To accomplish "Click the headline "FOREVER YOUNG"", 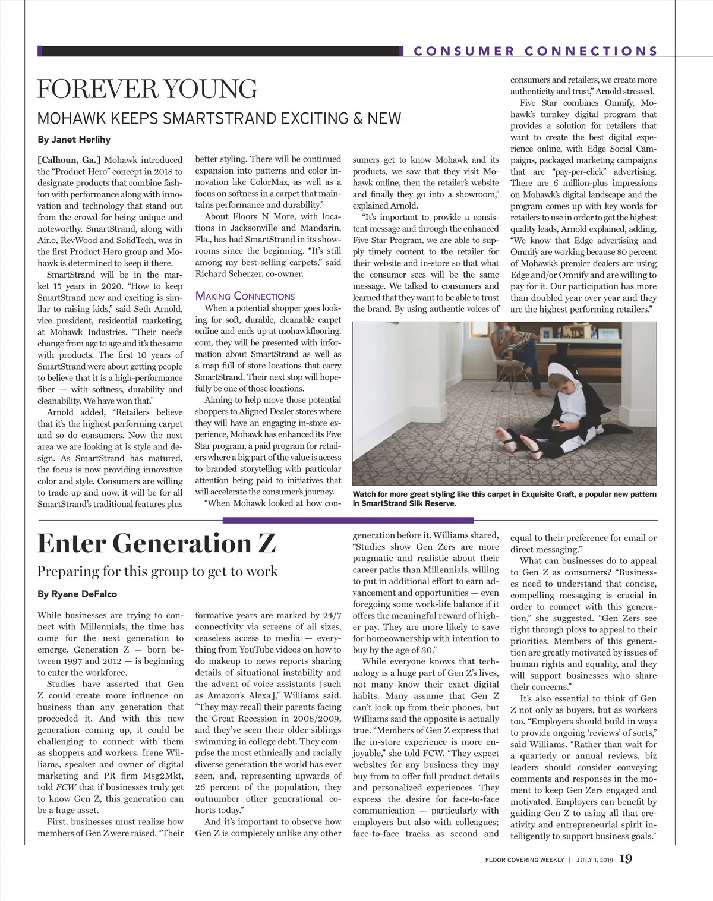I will [x=147, y=89].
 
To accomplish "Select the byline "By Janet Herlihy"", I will [x=74, y=140].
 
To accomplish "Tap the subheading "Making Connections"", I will [x=245, y=296].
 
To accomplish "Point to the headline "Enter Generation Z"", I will [x=157, y=543].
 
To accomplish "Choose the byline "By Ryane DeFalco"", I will [x=77, y=594].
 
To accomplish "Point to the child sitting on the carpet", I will [x=559, y=410].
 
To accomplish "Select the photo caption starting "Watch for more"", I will [x=504, y=499].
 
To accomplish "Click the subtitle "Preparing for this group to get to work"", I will [x=157, y=571].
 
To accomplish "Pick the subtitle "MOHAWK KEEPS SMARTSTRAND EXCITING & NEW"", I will [x=219, y=118].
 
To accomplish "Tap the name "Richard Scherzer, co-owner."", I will [x=250, y=274].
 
